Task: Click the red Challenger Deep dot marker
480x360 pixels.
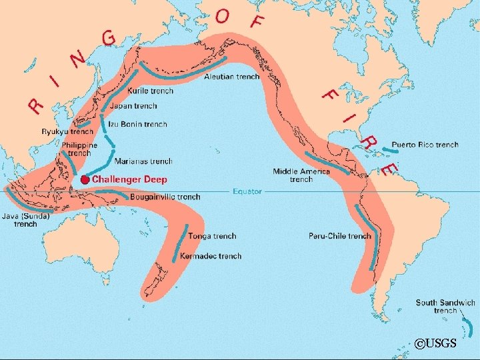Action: [x=85, y=180]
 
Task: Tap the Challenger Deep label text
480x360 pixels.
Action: [x=129, y=180]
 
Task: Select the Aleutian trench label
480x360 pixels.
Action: [x=231, y=77]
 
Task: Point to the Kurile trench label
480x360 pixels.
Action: [x=150, y=91]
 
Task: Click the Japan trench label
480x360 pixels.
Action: [x=135, y=106]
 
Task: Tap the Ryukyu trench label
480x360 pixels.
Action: [x=67, y=132]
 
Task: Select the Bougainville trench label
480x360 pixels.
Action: [x=165, y=197]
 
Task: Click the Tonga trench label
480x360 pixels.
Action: [x=212, y=236]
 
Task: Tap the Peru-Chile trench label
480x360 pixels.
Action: [x=339, y=236]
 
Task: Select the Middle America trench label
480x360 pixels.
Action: [x=301, y=175]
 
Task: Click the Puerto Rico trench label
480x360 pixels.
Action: [x=425, y=145]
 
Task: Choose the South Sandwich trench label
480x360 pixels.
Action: [x=445, y=307]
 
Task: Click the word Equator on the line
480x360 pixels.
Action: [x=247, y=192]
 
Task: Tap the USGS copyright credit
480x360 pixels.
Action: [x=435, y=343]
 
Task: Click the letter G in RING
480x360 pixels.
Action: [x=108, y=39]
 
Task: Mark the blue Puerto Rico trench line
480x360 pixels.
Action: [x=395, y=151]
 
